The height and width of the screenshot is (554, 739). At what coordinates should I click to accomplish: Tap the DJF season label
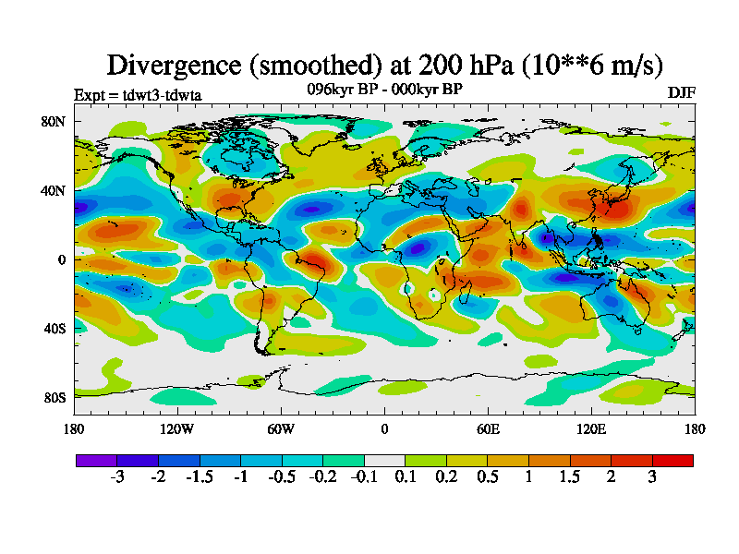click(681, 93)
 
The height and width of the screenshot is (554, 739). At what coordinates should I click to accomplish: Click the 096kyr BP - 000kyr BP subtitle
click(384, 89)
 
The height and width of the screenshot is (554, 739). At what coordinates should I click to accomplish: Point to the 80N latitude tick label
click(53, 121)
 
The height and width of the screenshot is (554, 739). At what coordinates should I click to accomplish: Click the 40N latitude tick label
click(53, 190)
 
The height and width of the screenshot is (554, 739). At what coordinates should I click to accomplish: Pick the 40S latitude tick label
click(53, 329)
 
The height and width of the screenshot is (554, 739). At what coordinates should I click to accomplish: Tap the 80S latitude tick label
click(53, 398)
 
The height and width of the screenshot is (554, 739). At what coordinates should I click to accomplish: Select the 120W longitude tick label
click(177, 428)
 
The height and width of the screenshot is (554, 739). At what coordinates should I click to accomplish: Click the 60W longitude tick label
click(281, 428)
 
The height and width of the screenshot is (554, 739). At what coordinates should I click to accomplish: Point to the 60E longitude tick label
click(488, 428)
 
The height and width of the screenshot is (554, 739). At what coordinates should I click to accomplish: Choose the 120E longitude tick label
click(591, 428)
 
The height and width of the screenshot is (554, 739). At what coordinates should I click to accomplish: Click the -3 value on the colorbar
click(117, 477)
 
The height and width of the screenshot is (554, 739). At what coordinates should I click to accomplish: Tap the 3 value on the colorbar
click(652, 477)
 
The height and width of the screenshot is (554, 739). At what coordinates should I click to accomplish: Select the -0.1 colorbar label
click(364, 477)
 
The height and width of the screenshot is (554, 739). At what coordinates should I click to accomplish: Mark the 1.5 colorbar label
click(570, 477)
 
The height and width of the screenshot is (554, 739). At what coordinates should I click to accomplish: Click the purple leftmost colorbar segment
click(96, 460)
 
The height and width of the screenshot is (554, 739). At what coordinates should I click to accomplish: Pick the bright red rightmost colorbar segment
click(672, 460)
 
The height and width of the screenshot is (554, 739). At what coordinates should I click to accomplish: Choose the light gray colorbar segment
click(384, 460)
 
